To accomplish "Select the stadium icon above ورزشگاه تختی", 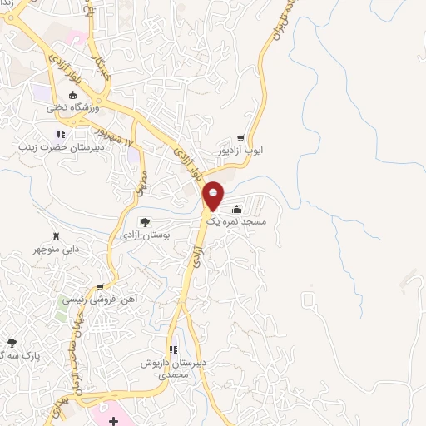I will click(62, 95).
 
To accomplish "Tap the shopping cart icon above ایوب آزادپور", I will click(240, 138).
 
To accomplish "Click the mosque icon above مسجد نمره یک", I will click(239, 209).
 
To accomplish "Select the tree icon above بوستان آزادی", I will click(145, 222).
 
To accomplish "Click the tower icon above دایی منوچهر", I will click(56, 235).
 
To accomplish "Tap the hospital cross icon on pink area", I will click(112, 412).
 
